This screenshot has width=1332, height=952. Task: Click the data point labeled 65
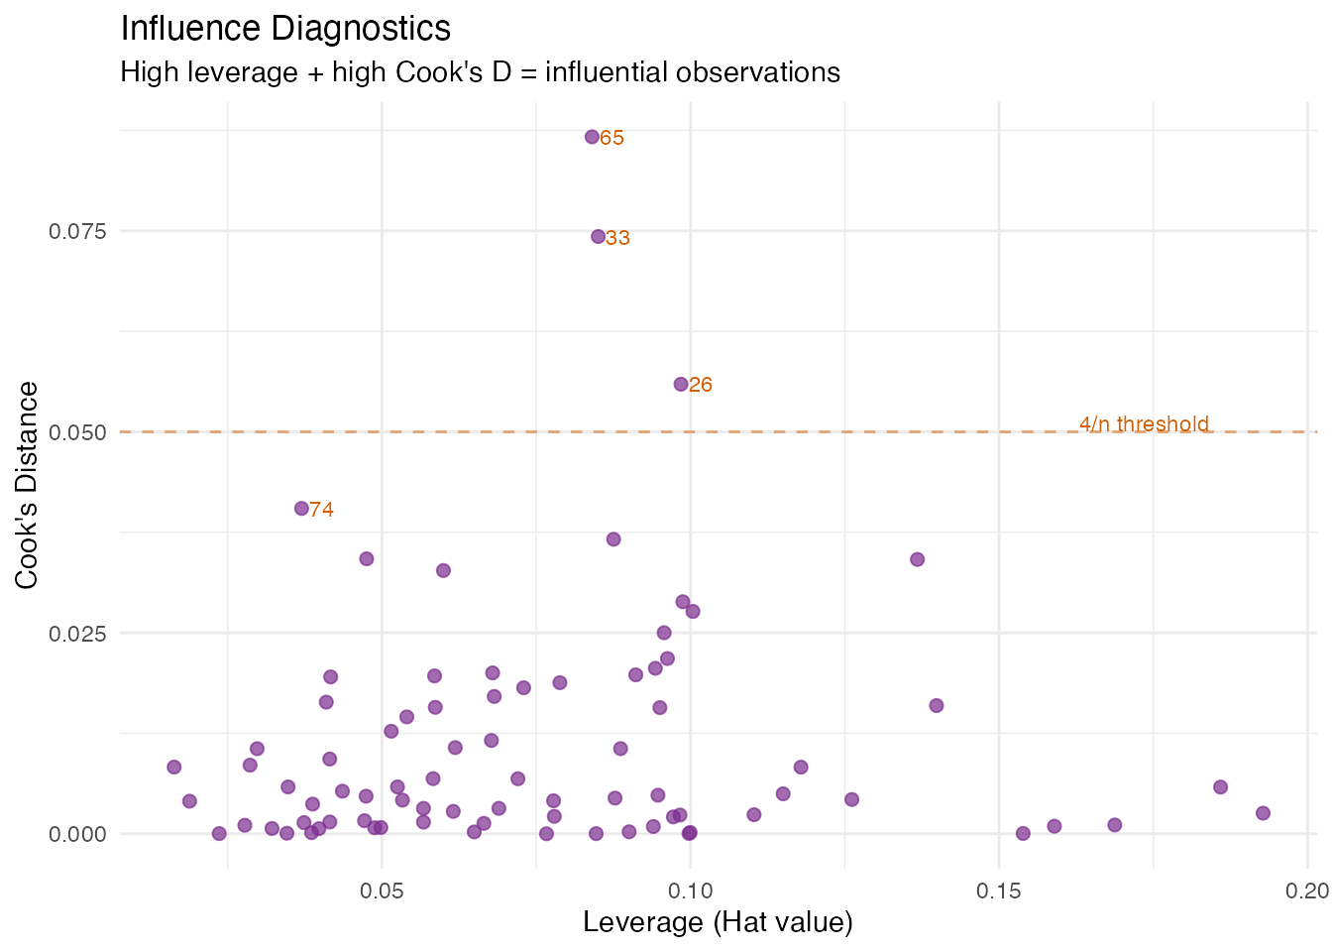[x=592, y=137]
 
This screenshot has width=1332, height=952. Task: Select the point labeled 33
[x=598, y=236]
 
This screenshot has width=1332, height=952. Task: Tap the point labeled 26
[x=681, y=384]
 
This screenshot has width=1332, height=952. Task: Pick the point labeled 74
[x=301, y=508]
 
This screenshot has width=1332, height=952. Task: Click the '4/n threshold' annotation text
[x=1144, y=424]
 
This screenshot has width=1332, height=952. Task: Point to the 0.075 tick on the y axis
[x=77, y=231]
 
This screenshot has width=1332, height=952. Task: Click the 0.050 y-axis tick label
[x=77, y=432]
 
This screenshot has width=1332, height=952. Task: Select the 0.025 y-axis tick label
[x=77, y=634]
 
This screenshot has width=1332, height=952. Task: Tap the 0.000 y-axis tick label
[x=77, y=834]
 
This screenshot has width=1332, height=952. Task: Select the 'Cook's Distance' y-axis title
[x=28, y=485]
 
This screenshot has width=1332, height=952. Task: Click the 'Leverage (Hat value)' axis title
[x=718, y=922]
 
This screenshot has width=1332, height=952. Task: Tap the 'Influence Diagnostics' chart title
[x=285, y=29]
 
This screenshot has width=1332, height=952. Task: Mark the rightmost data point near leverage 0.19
[x=1263, y=813]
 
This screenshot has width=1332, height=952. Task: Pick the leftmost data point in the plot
[x=174, y=767]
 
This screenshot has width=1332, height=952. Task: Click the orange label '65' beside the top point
[x=612, y=138]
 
